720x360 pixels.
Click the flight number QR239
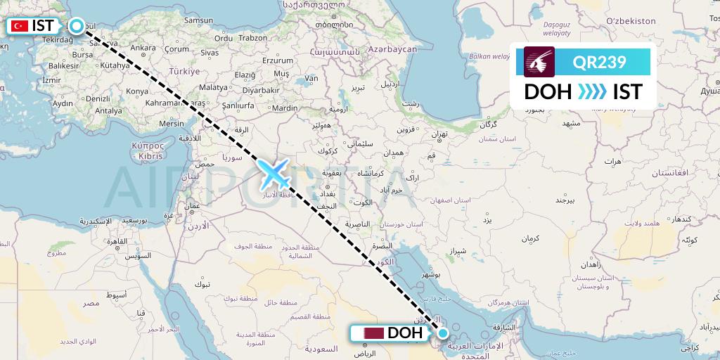pos(600,63)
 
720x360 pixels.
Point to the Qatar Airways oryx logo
pos(540,62)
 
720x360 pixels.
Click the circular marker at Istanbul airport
pos(75,26)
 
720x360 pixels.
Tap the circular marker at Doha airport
pos(443,333)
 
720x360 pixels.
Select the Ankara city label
pos(143,49)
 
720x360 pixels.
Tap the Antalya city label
pos(109,110)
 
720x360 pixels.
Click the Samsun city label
pos(198,20)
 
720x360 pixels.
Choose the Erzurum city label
pos(276,61)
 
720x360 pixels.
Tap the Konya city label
pos(136,91)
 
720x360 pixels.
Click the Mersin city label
pos(171,123)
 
